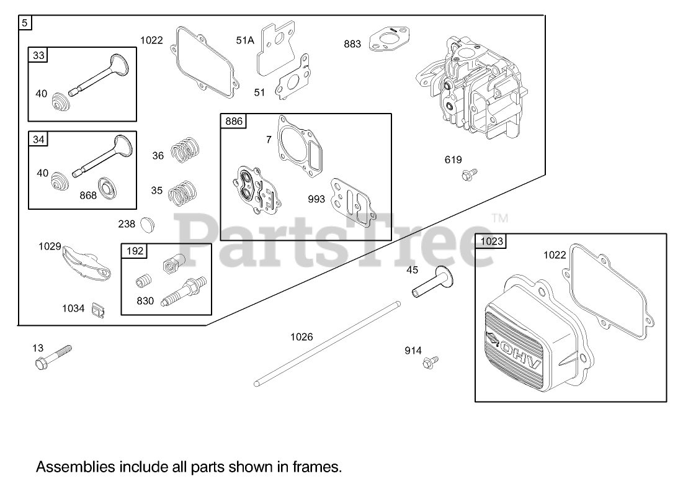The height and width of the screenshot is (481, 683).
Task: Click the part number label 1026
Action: tap(301, 337)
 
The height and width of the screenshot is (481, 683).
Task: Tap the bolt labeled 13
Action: tap(53, 357)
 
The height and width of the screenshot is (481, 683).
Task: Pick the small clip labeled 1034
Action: tap(96, 308)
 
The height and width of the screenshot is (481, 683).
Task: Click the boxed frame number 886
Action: tap(234, 121)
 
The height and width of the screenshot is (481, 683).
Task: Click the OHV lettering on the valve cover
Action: tap(522, 347)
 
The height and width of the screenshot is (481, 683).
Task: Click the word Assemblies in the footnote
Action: tap(70, 465)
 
